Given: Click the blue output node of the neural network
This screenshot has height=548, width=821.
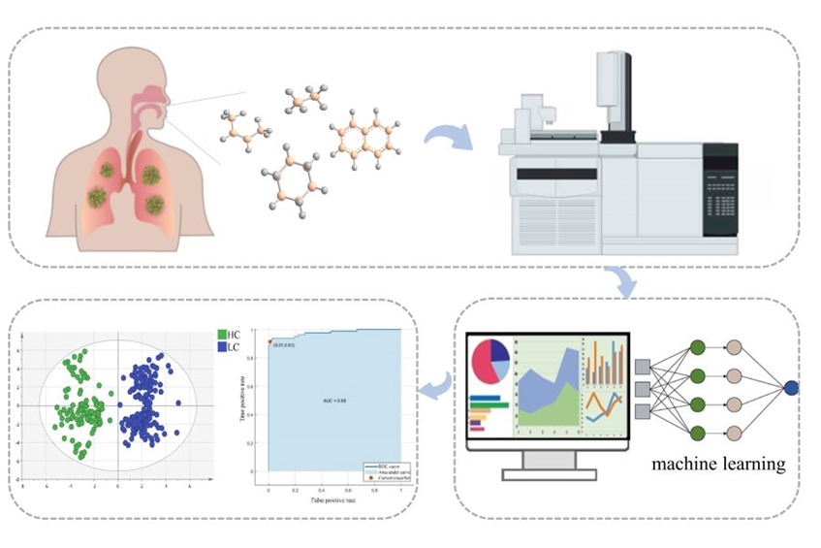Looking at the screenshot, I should point(791,388).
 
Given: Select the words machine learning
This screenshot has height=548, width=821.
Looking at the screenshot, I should point(718,464).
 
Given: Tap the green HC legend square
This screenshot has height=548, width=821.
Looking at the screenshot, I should point(221,334).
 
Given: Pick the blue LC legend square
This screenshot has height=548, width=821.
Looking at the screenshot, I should point(221,346).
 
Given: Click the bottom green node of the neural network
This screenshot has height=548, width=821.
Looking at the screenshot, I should point(697,432).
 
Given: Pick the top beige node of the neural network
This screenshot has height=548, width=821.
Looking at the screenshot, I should point(733,347).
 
